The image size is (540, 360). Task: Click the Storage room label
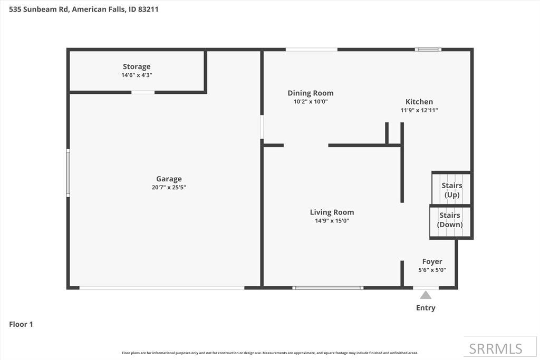(137, 66)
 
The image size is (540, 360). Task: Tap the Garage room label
(169, 179)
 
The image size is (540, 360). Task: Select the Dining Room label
(311, 93)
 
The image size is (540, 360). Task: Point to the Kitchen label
(419, 102)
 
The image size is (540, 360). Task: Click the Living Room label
(332, 212)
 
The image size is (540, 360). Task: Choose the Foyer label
(432, 261)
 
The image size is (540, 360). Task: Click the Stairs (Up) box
(451, 190)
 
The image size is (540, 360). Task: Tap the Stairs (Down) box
(450, 220)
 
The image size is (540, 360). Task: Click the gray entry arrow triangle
(426, 295)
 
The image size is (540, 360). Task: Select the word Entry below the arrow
(426, 308)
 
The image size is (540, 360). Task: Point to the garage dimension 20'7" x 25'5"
(169, 187)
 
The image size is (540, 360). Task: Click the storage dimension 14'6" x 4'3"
(137, 75)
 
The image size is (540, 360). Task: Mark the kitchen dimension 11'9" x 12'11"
(419, 110)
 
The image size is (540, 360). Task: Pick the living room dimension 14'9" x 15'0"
(332, 221)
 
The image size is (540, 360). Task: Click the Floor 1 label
(21, 324)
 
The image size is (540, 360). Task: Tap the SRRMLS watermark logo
(495, 348)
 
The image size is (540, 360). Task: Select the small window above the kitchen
(428, 50)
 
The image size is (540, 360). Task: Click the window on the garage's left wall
(67, 173)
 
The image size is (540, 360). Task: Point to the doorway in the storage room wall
(142, 92)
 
